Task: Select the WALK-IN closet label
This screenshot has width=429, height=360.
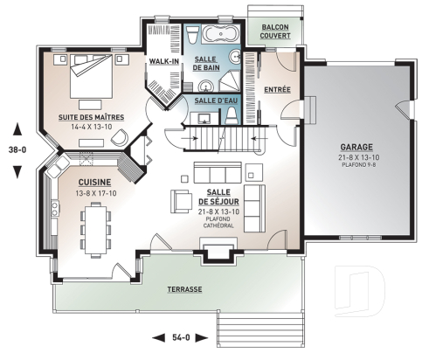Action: pos(164,62)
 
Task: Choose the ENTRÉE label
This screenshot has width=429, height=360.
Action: pos(277,90)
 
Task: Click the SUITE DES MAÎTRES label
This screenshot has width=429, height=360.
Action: pos(92,117)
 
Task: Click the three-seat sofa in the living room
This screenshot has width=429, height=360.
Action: pos(218,170)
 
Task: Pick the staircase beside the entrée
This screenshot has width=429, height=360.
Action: pos(215,137)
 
